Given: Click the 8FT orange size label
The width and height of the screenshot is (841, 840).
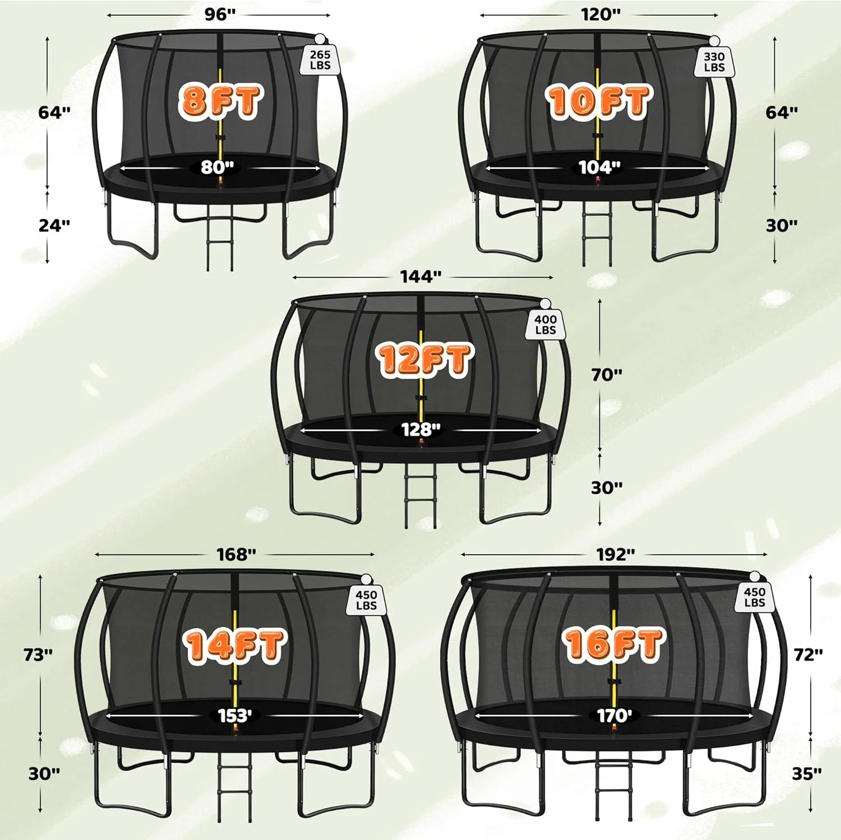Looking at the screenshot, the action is pos(220,101).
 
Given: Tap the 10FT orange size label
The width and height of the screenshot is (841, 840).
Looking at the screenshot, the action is pos(598,101).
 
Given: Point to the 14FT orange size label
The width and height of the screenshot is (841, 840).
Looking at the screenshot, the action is pos(234,645).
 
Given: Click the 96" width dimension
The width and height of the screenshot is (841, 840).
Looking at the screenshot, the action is pos(219,15).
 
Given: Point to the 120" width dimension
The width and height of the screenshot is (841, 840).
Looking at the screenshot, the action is pos(600,15).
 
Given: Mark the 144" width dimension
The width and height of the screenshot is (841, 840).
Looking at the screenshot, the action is pos(420,276).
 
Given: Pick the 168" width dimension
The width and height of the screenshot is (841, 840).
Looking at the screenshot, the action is pos(236,554).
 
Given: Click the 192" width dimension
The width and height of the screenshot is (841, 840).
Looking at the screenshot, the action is pos(615,554).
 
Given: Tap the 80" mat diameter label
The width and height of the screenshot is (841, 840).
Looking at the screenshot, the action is pos(217,167).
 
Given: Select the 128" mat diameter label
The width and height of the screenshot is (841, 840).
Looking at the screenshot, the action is pos(420,430).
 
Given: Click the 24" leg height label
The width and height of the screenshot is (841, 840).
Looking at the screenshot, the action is pos(54,225).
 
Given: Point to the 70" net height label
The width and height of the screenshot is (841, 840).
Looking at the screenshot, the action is pos(607,375).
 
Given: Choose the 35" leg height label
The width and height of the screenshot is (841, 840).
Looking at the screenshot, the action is pos(807,774).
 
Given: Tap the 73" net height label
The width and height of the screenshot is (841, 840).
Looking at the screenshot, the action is pos(38,654).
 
